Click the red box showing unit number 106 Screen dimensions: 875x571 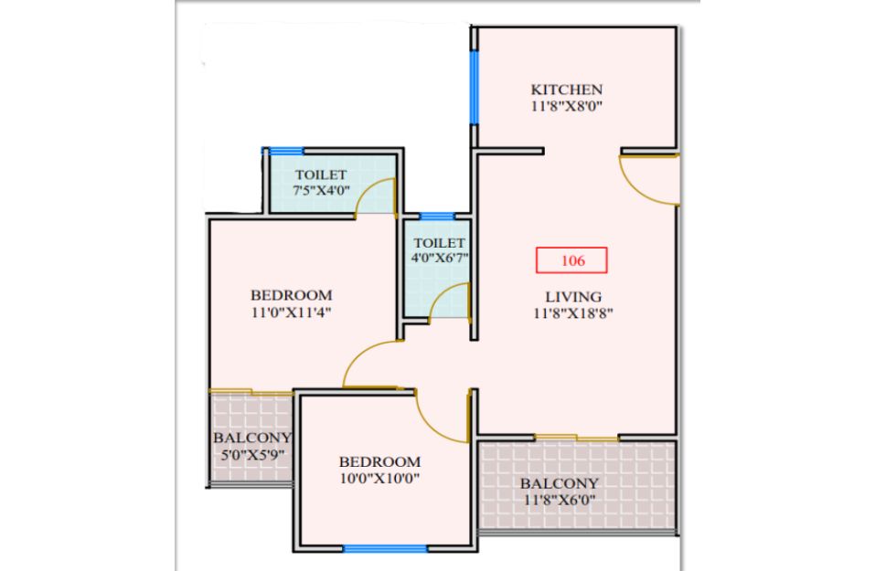571,260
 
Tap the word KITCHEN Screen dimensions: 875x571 566,90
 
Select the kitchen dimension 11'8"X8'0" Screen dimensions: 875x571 566,107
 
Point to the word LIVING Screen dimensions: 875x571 573,297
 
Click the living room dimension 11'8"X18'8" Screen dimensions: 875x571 573,313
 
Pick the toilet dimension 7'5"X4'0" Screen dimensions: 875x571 322,190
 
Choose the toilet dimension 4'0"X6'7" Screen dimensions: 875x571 439,258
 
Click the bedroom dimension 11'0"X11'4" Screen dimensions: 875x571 292,312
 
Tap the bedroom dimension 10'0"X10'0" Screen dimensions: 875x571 379,478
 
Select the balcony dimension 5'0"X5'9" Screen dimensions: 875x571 252,455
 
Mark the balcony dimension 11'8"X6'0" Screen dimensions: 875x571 560,500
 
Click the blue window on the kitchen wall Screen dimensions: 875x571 474,88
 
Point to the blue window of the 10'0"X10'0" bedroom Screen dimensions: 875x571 385,549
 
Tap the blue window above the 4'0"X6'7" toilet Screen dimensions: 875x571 437,217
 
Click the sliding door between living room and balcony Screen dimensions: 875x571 576,438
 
